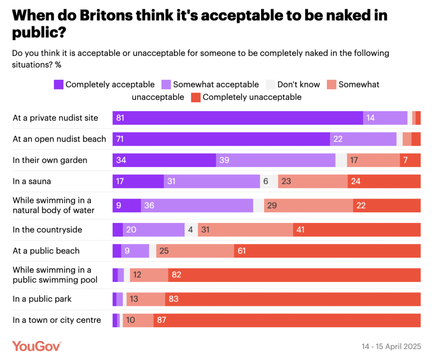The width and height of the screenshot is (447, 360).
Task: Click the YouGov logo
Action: pyautogui.click(x=37, y=346)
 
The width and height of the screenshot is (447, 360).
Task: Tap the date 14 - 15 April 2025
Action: pyautogui.click(x=391, y=346)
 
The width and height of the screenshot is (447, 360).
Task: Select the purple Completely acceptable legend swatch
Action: pyautogui.click(x=59, y=85)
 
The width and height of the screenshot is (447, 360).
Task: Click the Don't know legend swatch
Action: pyautogui.click(x=271, y=85)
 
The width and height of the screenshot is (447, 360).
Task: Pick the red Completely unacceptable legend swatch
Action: pyautogui.click(x=195, y=97)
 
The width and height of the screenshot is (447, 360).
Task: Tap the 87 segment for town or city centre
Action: pyautogui.click(x=287, y=320)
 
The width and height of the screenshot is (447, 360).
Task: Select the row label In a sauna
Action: pyautogui.click(x=31, y=181)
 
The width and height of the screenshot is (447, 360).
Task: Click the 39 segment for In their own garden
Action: pyautogui.click(x=275, y=160)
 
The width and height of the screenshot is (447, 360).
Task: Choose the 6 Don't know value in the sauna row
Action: pyautogui.click(x=266, y=181)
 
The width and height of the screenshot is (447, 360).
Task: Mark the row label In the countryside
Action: pyautogui.click(x=47, y=230)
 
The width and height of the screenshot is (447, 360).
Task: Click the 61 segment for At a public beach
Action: pyautogui.click(x=327, y=251)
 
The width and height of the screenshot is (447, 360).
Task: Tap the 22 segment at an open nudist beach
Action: pyautogui.click(x=363, y=139)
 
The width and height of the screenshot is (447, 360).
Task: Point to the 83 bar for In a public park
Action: pyautogui.click(x=292, y=299)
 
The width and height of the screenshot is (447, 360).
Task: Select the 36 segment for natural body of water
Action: pyautogui.click(x=197, y=205)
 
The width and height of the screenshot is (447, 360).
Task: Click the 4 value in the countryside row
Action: pyautogui.click(x=191, y=230)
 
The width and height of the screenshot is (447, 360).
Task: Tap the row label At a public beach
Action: pyautogui.click(x=46, y=251)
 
